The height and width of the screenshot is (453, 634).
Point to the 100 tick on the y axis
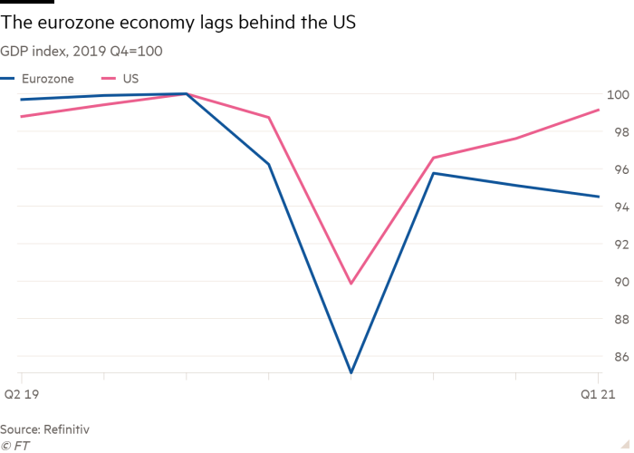coord(618,94)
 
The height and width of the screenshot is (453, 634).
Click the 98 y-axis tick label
coord(620,132)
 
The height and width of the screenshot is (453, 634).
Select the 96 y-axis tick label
coord(620,169)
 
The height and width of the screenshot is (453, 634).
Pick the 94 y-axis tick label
coord(620,207)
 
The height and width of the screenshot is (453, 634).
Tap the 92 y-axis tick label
coord(620,245)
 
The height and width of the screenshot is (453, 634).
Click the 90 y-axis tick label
coord(620,282)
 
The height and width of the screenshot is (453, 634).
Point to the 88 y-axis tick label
coord(620,319)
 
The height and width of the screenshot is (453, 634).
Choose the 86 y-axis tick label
coord(620,357)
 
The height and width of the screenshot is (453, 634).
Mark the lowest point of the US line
coord(351,284)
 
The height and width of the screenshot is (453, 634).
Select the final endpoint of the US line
coord(598,110)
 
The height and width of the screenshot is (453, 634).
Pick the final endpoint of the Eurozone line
coord(598,197)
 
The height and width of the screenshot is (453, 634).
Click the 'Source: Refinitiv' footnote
coord(44,429)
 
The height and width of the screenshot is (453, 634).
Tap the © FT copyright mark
coord(14,445)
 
